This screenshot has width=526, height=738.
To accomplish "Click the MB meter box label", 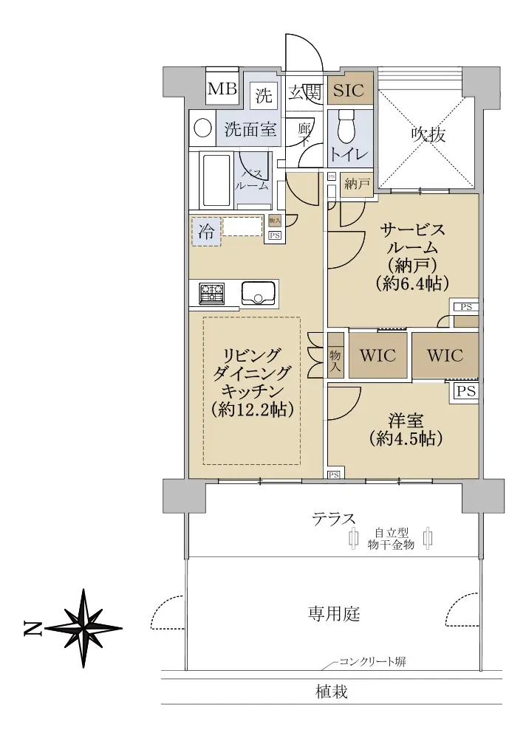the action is (x=222, y=89).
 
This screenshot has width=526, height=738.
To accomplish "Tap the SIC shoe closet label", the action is (x=349, y=90).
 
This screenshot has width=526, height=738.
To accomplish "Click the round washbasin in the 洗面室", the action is (x=202, y=128).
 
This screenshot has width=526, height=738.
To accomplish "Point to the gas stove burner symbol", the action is (x=212, y=293).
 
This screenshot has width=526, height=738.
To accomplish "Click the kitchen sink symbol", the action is (x=259, y=293).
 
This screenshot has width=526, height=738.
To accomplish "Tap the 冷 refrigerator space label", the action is (x=206, y=232).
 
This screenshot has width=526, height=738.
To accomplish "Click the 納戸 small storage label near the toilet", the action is (x=357, y=184).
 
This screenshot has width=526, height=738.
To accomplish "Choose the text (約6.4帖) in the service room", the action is (x=412, y=283).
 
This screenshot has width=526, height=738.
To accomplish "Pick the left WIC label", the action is (x=378, y=356).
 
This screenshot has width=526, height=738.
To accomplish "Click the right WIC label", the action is (x=445, y=356).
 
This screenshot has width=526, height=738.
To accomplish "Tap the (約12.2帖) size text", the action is (x=253, y=409).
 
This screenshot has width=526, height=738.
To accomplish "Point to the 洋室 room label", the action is (x=406, y=421).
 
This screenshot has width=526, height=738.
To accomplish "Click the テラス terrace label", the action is (x=334, y=520).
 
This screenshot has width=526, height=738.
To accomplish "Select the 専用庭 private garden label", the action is (x=334, y=613).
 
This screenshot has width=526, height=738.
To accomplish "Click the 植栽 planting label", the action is (x=332, y=692).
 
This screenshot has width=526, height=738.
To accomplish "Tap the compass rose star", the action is (x=84, y=628).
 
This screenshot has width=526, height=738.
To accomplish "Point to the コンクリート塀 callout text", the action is (x=372, y=662).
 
